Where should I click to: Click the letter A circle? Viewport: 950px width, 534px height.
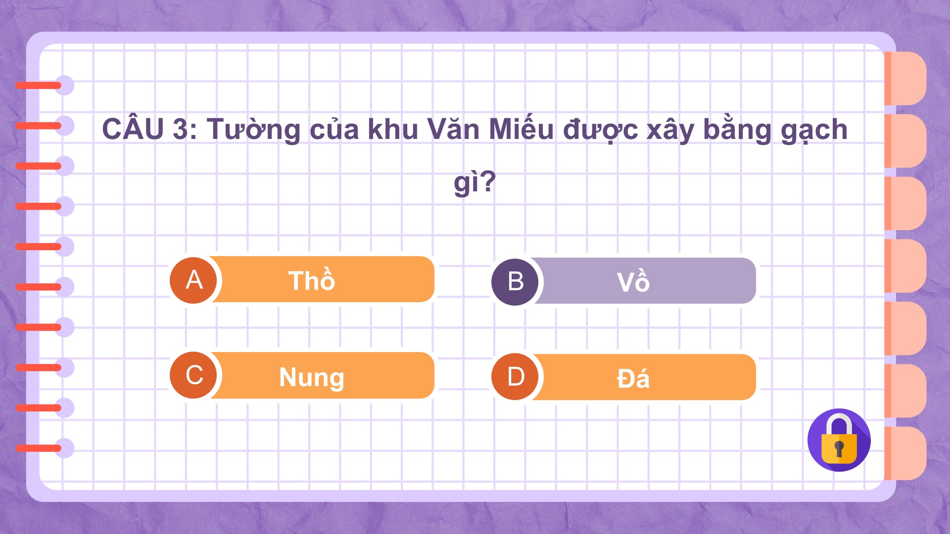(193, 280)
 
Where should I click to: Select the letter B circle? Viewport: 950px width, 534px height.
(515, 282)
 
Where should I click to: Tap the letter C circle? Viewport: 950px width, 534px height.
(193, 375)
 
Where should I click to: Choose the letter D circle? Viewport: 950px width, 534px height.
(515, 377)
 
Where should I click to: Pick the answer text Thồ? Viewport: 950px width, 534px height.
(312, 279)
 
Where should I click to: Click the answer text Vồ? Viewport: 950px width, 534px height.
(633, 281)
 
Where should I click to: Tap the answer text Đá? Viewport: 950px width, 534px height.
(633, 379)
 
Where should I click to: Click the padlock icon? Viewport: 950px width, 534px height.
(839, 440)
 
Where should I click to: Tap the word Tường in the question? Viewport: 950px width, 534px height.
(254, 130)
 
